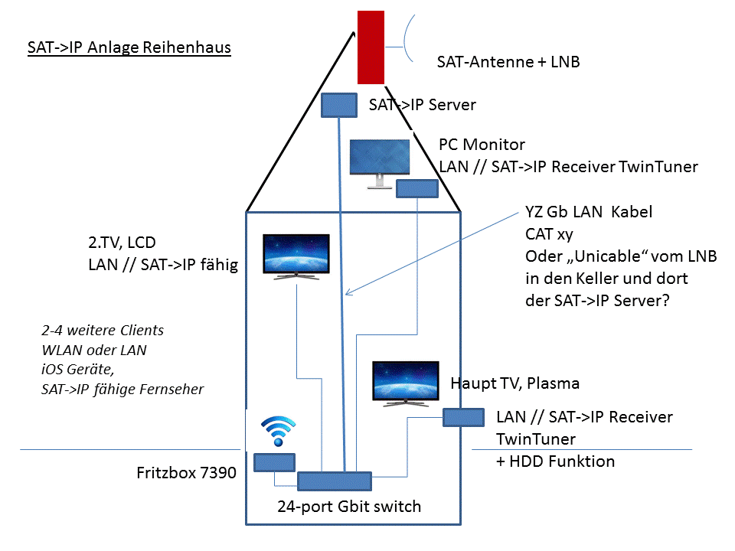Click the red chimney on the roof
[x=371, y=47]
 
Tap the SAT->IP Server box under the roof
[x=339, y=105]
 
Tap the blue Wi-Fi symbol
[x=277, y=432]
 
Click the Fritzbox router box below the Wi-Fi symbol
[x=275, y=462]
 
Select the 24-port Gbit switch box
[x=334, y=481]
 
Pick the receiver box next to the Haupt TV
[x=463, y=417]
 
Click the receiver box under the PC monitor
[x=416, y=188]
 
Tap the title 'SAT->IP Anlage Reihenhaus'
[x=129, y=47]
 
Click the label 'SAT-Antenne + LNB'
[x=508, y=62]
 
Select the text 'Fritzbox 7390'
[x=186, y=473]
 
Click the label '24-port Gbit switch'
[x=349, y=506]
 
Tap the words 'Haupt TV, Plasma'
[x=514, y=383]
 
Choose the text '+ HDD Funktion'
[x=555, y=461]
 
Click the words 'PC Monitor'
[x=482, y=145]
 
